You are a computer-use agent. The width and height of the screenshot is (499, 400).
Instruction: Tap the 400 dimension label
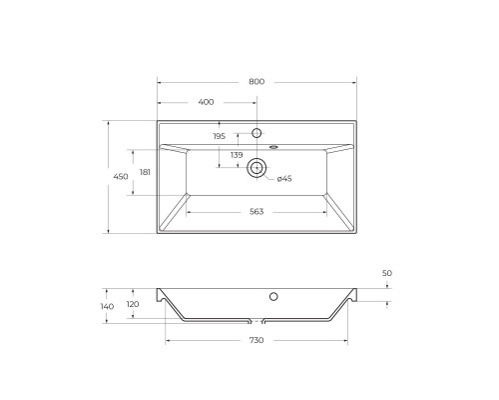tap(206, 102)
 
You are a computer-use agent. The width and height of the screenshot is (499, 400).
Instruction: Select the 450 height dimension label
tap(120, 177)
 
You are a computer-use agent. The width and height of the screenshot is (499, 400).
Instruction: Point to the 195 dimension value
tap(219, 137)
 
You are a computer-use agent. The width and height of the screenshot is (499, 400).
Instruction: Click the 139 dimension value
tap(237, 155)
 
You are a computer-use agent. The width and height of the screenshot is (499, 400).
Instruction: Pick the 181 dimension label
tap(145, 173)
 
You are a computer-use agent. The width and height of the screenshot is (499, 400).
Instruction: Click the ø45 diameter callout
tap(283, 178)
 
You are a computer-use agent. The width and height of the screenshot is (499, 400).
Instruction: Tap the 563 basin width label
tap(255, 211)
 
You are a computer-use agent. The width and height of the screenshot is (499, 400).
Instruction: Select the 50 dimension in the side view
tap(387, 272)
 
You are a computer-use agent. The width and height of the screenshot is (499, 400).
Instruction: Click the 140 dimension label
tap(107, 306)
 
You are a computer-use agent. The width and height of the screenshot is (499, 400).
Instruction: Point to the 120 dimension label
tap(134, 305)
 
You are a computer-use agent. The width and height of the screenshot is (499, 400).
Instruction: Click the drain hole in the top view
tap(256, 168)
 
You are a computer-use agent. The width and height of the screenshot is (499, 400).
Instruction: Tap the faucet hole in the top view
tap(256, 133)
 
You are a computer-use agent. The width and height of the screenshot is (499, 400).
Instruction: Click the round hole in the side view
tap(273, 296)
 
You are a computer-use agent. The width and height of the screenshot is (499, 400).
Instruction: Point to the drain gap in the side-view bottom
tap(255, 323)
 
